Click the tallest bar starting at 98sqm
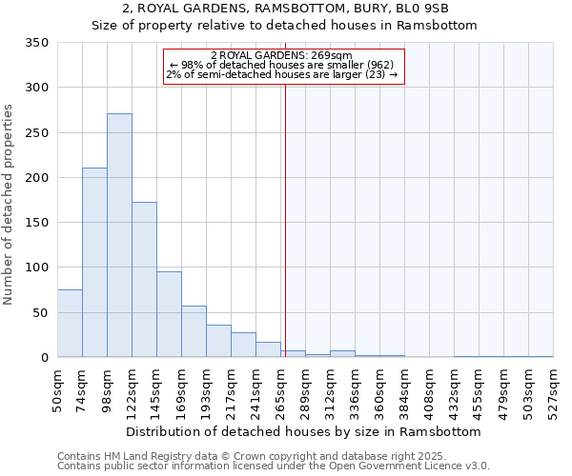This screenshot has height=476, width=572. [x=119, y=235]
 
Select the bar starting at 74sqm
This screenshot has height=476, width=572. [x=94, y=263]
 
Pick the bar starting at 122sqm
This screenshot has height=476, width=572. [x=144, y=280]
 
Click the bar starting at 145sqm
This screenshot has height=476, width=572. [x=169, y=315]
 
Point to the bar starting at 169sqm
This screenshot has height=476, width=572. [x=194, y=332]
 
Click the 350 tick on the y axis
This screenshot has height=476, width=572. [x=37, y=43]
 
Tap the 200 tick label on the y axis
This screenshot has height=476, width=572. [x=37, y=178]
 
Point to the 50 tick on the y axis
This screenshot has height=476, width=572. [x=41, y=313]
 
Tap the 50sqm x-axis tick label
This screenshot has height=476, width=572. [x=58, y=387]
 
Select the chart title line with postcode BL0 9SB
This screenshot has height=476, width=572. [x=285, y=9]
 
